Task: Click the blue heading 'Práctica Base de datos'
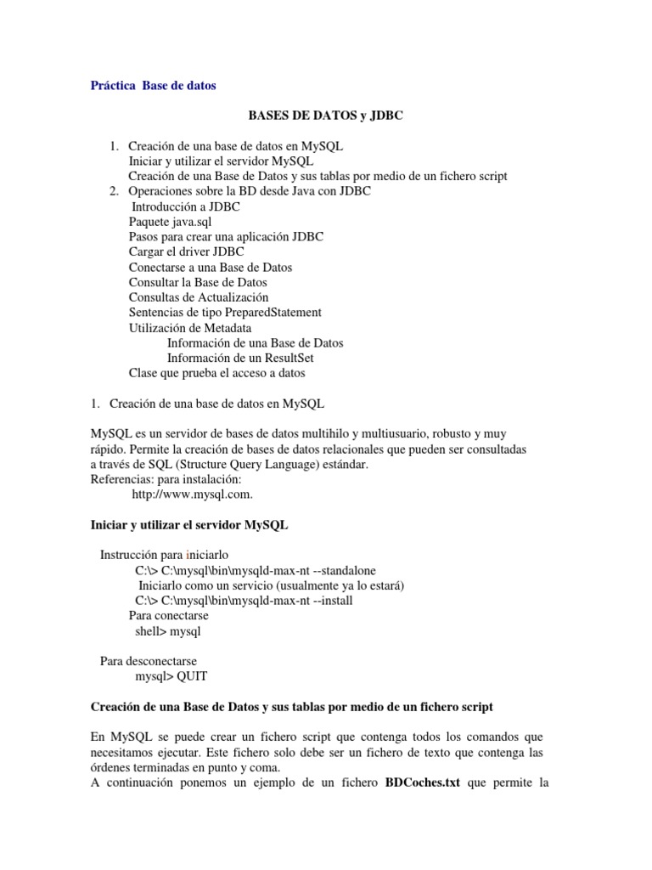pyautogui.click(x=153, y=85)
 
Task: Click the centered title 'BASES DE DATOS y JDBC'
pyautogui.click(x=325, y=116)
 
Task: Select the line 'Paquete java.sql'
pyautogui.click(x=170, y=222)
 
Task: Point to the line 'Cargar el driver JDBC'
pyautogui.click(x=186, y=251)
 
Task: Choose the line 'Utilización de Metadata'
pyautogui.click(x=190, y=328)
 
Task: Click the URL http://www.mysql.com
pyautogui.click(x=193, y=494)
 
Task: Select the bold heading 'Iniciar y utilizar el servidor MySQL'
pyautogui.click(x=189, y=525)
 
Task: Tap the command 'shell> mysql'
pyautogui.click(x=168, y=631)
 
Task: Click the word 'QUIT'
pyautogui.click(x=191, y=676)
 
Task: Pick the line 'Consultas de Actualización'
pyautogui.click(x=199, y=297)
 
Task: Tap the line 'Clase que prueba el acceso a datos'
pyautogui.click(x=216, y=373)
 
